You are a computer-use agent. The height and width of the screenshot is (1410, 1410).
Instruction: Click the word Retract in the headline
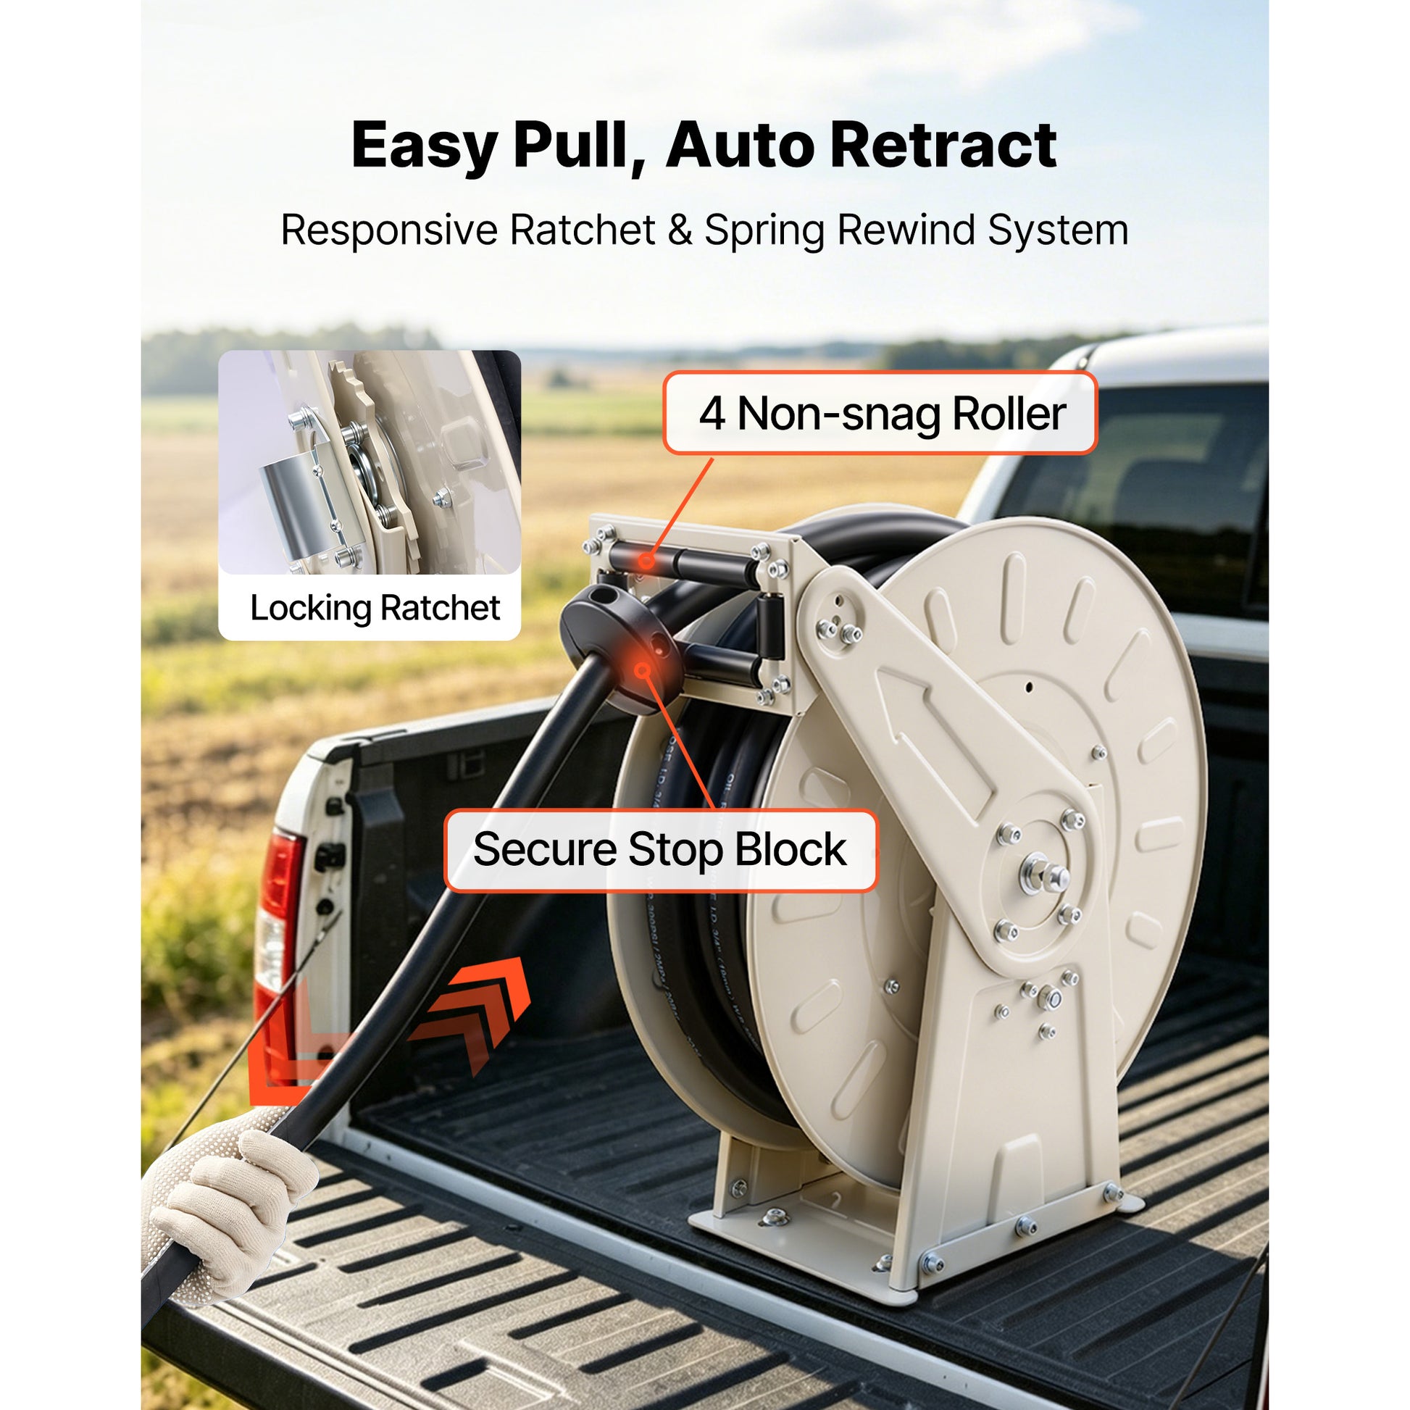[x=943, y=145]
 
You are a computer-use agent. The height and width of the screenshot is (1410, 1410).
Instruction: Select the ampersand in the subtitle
[x=680, y=230]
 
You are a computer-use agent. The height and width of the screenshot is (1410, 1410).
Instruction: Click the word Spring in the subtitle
[x=764, y=231]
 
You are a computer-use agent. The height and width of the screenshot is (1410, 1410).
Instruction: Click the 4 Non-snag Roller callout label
[x=880, y=413]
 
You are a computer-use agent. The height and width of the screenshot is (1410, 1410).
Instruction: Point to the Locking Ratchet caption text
[x=375, y=608]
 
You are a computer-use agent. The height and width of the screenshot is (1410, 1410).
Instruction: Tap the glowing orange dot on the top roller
[x=645, y=561]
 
